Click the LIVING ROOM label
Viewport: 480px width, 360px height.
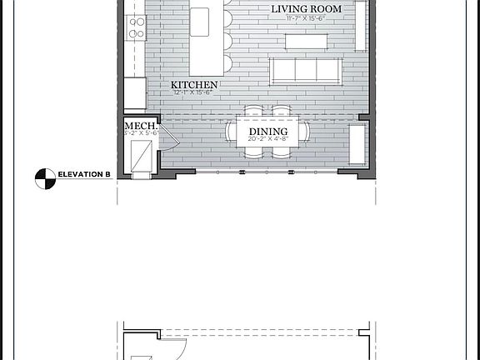(304, 8)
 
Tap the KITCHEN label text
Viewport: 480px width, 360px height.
(194, 85)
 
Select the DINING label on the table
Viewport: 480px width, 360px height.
(267, 132)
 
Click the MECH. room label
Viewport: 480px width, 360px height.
(139, 125)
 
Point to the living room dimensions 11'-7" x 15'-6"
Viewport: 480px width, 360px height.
(304, 17)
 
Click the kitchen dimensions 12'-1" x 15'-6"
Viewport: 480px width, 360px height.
(193, 92)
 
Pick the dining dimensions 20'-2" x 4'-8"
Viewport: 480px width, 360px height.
(267, 140)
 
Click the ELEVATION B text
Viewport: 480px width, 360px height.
(84, 174)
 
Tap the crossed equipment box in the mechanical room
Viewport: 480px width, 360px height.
(141, 154)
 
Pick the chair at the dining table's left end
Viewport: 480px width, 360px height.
(232, 132)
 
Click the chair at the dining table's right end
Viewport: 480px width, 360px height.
(306, 132)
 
